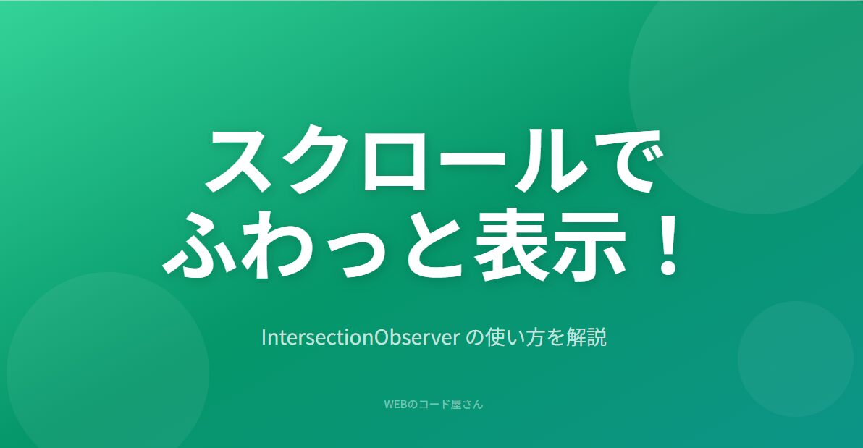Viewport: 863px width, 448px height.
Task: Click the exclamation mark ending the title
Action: [669, 245]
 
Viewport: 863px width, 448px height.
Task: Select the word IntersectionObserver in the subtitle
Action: [361, 337]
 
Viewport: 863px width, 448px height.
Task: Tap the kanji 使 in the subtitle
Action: [494, 337]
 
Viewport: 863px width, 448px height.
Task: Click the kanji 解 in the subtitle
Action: [576, 337]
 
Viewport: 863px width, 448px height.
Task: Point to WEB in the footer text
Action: [395, 405]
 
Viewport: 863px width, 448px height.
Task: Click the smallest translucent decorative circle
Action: [795, 359]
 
